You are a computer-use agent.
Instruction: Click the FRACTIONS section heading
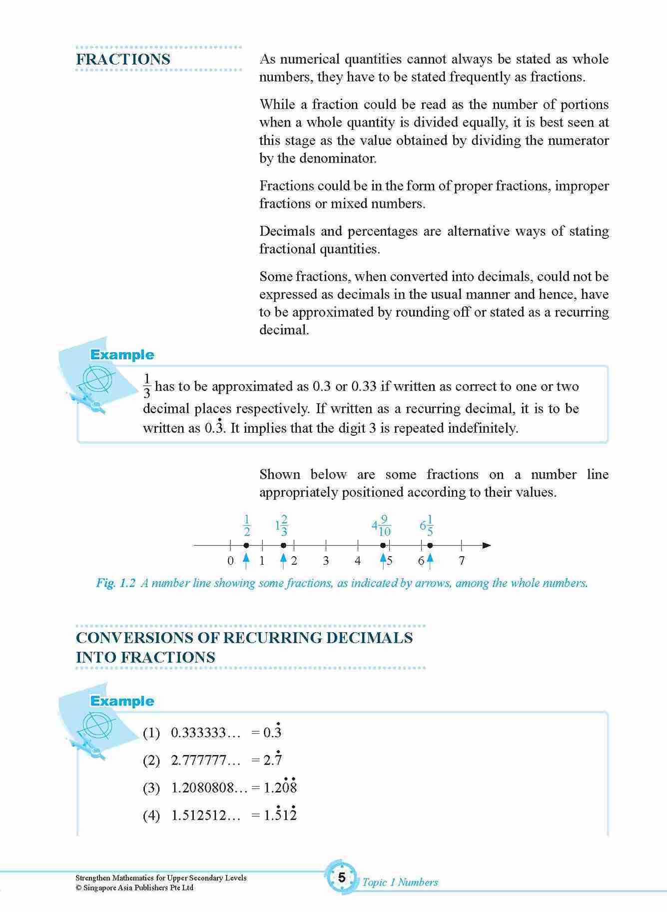[x=123, y=59]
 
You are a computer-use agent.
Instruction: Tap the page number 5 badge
[x=342, y=878]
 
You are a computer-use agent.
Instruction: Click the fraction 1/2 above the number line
[x=246, y=526]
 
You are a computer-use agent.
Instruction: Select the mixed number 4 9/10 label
[x=381, y=526]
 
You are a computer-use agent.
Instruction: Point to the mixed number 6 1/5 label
[x=427, y=526]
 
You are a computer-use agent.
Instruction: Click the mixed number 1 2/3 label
[x=282, y=526]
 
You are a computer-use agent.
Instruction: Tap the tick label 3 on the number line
[x=326, y=561]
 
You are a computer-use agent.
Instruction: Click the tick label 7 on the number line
[x=462, y=561]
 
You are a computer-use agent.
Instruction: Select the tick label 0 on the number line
[x=230, y=561]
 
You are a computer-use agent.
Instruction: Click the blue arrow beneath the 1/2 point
[x=246, y=561]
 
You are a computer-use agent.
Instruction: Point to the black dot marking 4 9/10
[x=383, y=546]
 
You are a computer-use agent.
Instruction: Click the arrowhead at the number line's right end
[x=487, y=545]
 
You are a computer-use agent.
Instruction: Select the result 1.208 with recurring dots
[x=280, y=788]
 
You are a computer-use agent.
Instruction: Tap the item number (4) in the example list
[x=151, y=816]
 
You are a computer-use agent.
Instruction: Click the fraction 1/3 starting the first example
[x=147, y=386]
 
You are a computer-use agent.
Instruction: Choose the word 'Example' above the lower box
[x=122, y=701]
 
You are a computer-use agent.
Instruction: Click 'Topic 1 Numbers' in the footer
[x=400, y=883]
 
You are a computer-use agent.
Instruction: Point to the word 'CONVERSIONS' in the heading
[x=146, y=638]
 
